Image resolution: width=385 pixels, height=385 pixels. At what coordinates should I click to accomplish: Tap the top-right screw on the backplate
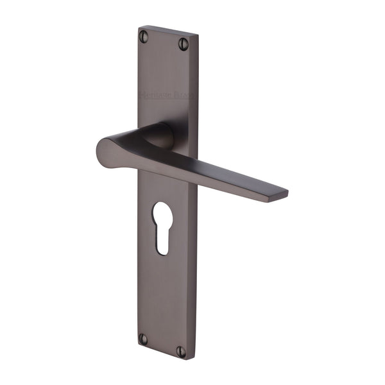[184, 43]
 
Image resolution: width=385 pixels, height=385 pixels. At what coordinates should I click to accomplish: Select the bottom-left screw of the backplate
[144, 338]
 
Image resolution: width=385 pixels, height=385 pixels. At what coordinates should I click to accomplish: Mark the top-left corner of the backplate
[139, 27]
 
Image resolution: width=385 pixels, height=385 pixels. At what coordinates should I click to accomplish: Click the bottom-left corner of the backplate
[137, 345]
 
